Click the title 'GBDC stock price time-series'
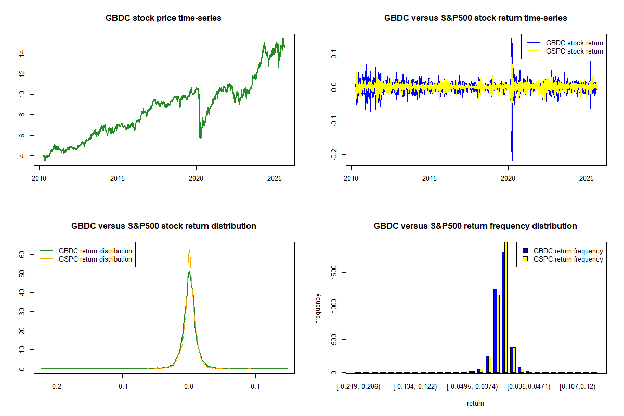click(x=164, y=18)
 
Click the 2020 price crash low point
click(x=201, y=138)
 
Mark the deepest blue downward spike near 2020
click(x=512, y=160)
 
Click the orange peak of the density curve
click(x=189, y=250)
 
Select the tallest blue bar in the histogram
click(x=503, y=312)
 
